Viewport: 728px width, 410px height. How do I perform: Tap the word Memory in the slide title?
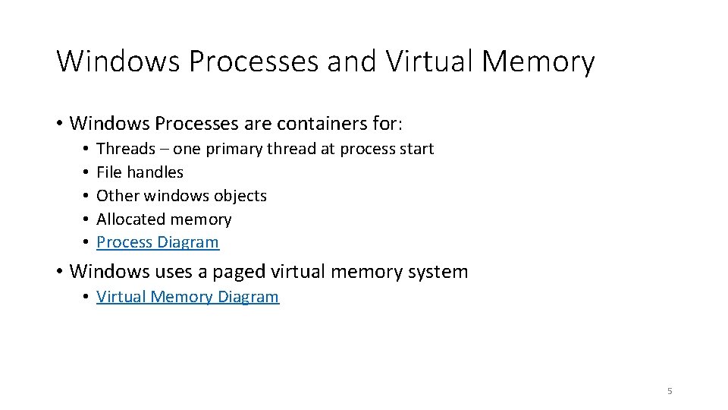(539, 61)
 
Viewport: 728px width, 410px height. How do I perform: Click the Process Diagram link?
(158, 242)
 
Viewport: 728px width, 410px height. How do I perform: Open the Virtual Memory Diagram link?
(187, 296)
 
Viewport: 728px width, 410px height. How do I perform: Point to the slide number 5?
(670, 391)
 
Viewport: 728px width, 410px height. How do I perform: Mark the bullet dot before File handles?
(88, 172)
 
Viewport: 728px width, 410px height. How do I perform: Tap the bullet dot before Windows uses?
(59, 271)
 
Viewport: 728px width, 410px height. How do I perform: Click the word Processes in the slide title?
(254, 61)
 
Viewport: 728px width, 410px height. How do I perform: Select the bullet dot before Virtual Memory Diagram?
(88, 297)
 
